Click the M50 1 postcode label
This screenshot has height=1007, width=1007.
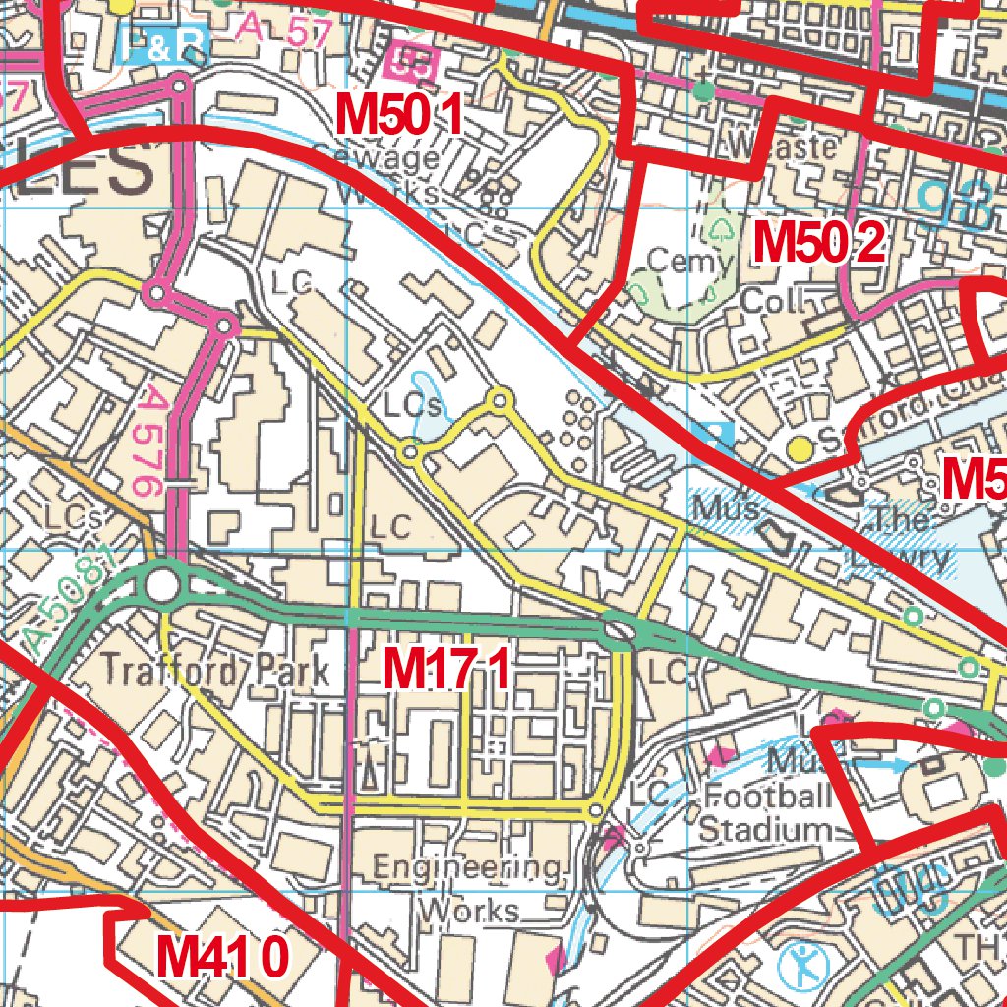coord(398,116)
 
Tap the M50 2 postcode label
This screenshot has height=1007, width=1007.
coord(819,242)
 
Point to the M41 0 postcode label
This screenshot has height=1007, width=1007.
coord(223,956)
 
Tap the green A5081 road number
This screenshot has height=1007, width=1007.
coord(66,600)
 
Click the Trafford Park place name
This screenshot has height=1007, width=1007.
coord(215,672)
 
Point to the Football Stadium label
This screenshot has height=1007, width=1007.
coord(766,812)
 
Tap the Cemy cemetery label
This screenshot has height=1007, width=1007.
coord(690,263)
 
